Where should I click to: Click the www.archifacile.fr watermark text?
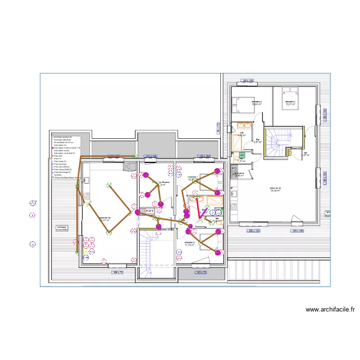[x=330, y=310]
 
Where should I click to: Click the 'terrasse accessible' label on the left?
[x=62, y=228]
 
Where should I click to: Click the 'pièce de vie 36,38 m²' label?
[x=275, y=189]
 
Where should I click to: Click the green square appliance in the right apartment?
[x=242, y=156]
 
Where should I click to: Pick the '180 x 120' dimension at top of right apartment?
[x=248, y=81]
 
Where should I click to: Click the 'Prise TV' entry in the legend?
[x=58, y=159]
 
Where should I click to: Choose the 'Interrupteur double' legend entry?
[x=63, y=151]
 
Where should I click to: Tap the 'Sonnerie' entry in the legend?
[x=58, y=175]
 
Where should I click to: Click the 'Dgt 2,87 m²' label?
[x=257, y=141]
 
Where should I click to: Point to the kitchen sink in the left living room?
[x=87, y=180]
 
